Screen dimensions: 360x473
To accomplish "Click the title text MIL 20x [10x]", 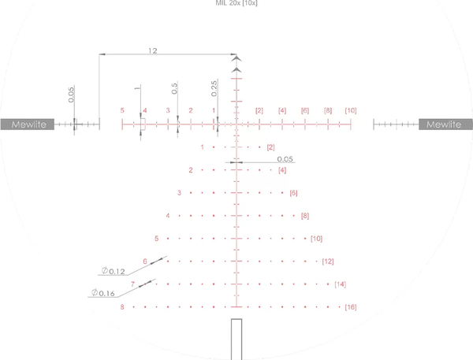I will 236,4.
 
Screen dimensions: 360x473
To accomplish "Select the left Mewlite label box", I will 28,124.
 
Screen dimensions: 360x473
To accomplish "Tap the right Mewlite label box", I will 446,124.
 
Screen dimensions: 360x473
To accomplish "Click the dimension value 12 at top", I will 152,50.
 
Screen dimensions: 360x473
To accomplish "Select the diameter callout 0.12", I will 114,271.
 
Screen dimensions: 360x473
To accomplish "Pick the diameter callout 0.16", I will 103,293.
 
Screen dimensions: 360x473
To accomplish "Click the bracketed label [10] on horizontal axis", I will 350,110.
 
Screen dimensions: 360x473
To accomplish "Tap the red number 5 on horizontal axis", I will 122,110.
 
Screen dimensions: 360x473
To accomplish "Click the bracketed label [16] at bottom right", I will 351,306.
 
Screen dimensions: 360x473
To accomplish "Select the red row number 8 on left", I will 122,306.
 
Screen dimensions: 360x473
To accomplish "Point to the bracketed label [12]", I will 328,261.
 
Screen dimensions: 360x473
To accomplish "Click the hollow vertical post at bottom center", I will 236,339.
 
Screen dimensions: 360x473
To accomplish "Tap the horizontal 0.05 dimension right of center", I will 286,158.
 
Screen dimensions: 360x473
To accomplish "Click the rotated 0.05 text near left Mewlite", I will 71,95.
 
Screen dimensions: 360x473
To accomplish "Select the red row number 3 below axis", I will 179,192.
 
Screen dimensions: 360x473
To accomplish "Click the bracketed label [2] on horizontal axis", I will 259,110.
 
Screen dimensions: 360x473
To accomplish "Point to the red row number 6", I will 145,261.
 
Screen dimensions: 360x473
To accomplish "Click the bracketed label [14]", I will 340,284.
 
